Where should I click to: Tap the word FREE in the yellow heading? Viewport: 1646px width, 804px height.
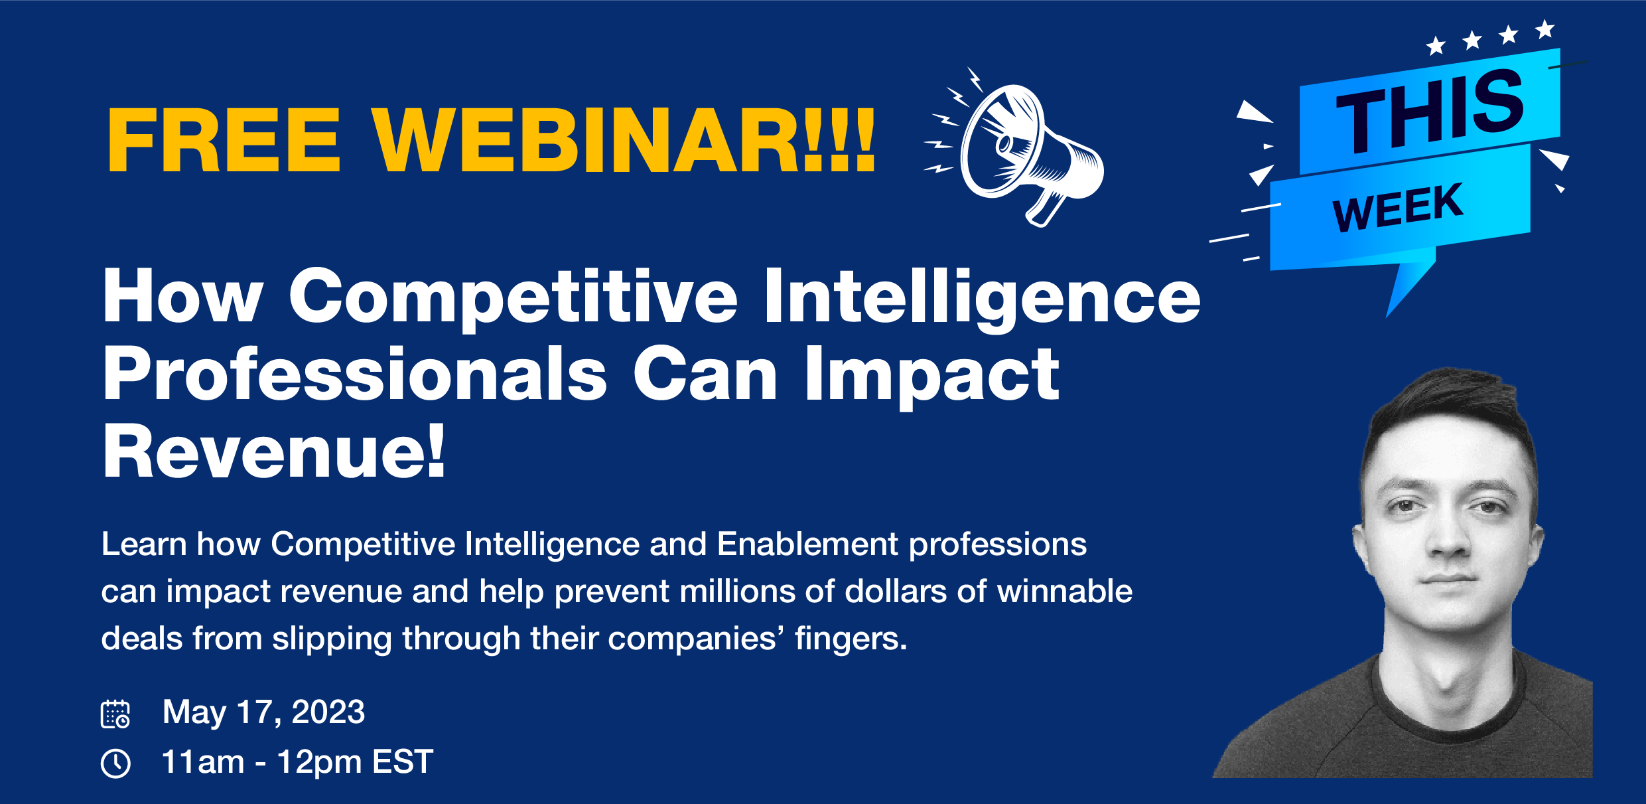(x=224, y=140)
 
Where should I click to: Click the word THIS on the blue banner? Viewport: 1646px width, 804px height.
(x=1430, y=111)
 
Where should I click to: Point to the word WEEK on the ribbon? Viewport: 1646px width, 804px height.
(x=1397, y=207)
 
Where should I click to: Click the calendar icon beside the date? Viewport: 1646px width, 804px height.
(x=115, y=714)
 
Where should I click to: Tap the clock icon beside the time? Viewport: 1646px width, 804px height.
(x=115, y=763)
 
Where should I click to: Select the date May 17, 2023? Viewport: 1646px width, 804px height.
(x=263, y=712)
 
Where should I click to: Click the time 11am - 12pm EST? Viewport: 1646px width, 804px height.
(x=297, y=762)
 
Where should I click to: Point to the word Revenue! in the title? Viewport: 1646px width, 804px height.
(x=274, y=451)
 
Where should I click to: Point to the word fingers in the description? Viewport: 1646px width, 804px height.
(x=851, y=639)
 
